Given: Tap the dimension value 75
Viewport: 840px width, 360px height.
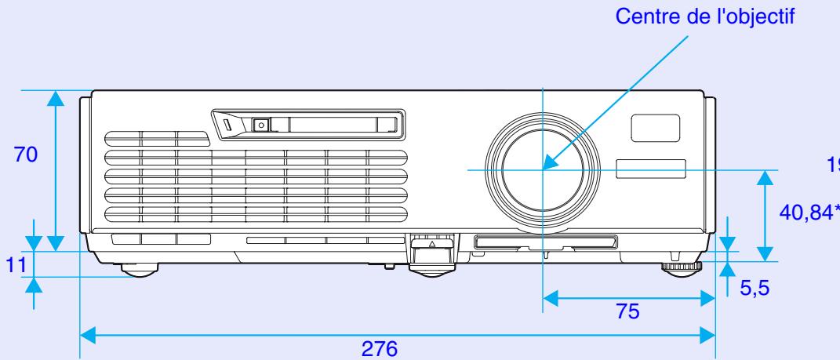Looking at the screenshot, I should tap(627, 311).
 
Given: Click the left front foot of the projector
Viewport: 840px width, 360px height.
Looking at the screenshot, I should tap(138, 271).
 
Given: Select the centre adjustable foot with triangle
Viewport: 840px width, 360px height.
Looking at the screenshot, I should tap(429, 258).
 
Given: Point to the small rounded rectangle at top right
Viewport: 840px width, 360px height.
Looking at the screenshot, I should tap(656, 125).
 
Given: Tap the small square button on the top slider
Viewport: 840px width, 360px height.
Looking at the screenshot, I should tap(261, 123).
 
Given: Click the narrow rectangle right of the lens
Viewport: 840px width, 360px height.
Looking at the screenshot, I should tap(650, 167).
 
